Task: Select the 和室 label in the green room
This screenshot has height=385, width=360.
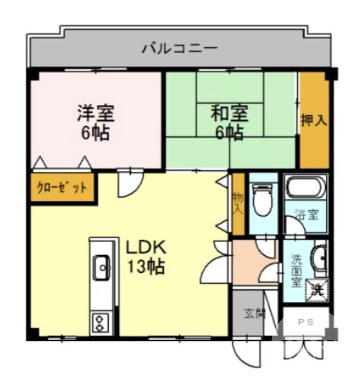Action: pyautogui.click(x=230, y=114)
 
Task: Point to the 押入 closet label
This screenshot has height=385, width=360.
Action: pyautogui.click(x=314, y=120)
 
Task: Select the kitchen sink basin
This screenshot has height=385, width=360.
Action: pyautogui.click(x=102, y=266)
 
